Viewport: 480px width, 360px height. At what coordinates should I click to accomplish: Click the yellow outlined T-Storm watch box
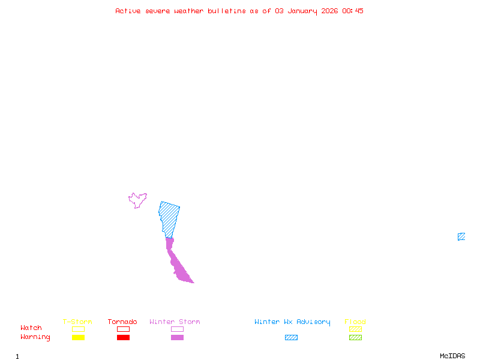click(x=78, y=329)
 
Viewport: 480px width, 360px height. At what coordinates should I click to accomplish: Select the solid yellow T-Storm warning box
click(x=78, y=337)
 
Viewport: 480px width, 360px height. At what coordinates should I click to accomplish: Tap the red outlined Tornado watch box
click(x=123, y=329)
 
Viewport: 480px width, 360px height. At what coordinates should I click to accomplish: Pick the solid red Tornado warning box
click(x=123, y=337)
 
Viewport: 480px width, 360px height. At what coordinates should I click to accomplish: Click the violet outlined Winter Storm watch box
click(x=177, y=329)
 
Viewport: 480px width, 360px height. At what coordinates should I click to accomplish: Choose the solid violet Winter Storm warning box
click(x=177, y=337)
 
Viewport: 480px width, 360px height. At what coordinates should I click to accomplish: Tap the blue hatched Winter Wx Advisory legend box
click(x=291, y=337)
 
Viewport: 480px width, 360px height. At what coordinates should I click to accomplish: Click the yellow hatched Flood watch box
click(x=355, y=329)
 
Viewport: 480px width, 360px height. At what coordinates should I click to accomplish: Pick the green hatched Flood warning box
click(x=355, y=337)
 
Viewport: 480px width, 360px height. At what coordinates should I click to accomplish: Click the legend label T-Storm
click(x=77, y=322)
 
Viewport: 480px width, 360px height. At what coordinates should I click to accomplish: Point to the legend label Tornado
click(x=122, y=322)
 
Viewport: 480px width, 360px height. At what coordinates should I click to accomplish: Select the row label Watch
click(x=31, y=328)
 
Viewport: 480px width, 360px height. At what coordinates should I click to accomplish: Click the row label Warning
click(x=35, y=337)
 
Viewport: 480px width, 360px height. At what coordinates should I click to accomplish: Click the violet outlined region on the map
click(x=138, y=200)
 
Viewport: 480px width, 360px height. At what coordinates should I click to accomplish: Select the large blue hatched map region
click(x=169, y=217)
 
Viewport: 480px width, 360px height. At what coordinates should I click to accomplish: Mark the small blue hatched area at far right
click(x=461, y=236)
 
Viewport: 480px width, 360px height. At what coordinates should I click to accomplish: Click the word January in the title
click(x=307, y=11)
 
